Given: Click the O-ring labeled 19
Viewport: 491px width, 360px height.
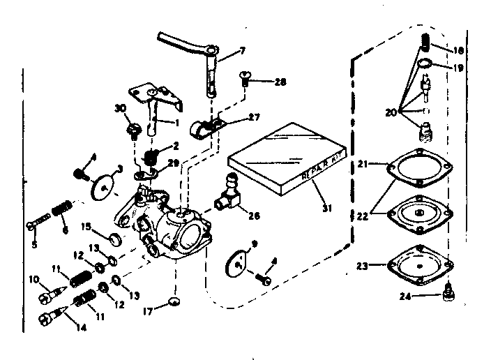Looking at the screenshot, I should (425, 68).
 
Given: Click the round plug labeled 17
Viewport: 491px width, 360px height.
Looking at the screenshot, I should (173, 301).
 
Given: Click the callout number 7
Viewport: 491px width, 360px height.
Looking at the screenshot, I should (243, 51).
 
